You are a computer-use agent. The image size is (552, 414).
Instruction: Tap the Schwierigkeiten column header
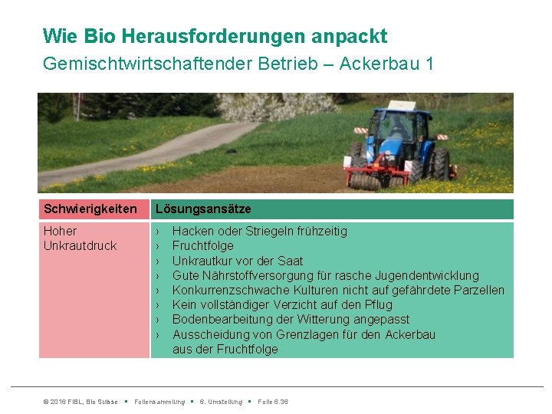pyautogui.click(x=90, y=209)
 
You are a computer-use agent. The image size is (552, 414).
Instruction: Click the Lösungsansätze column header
pyautogui.click(x=203, y=209)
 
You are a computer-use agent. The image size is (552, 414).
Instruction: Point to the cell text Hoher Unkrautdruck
pyautogui.click(x=80, y=238)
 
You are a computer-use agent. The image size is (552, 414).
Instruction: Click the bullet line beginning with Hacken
pyautogui.click(x=259, y=231)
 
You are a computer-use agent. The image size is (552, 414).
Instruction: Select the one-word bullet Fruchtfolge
pyautogui.click(x=202, y=246)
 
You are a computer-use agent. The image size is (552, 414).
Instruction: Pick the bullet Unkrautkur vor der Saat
pyautogui.click(x=237, y=261)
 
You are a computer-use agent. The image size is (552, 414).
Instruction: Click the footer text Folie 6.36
pyautogui.click(x=274, y=402)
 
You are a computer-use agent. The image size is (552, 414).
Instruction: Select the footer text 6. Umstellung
pyautogui.click(x=221, y=402)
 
